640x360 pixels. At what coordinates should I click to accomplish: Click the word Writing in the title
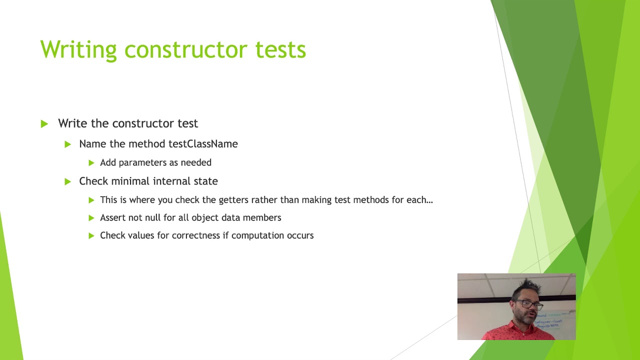[78, 50]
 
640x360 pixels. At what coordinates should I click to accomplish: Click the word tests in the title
[280, 50]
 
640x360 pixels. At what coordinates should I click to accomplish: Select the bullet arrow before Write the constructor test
[44, 123]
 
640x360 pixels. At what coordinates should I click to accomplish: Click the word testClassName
[203, 144]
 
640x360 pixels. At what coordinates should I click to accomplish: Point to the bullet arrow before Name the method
[68, 144]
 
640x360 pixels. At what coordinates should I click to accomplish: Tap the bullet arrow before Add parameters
[91, 162]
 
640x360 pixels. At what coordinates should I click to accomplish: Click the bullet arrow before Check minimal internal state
[68, 181]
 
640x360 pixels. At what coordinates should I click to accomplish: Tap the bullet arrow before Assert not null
[91, 218]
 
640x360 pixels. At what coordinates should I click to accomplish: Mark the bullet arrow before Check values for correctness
[91, 235]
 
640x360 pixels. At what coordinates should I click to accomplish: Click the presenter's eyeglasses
[530, 303]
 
